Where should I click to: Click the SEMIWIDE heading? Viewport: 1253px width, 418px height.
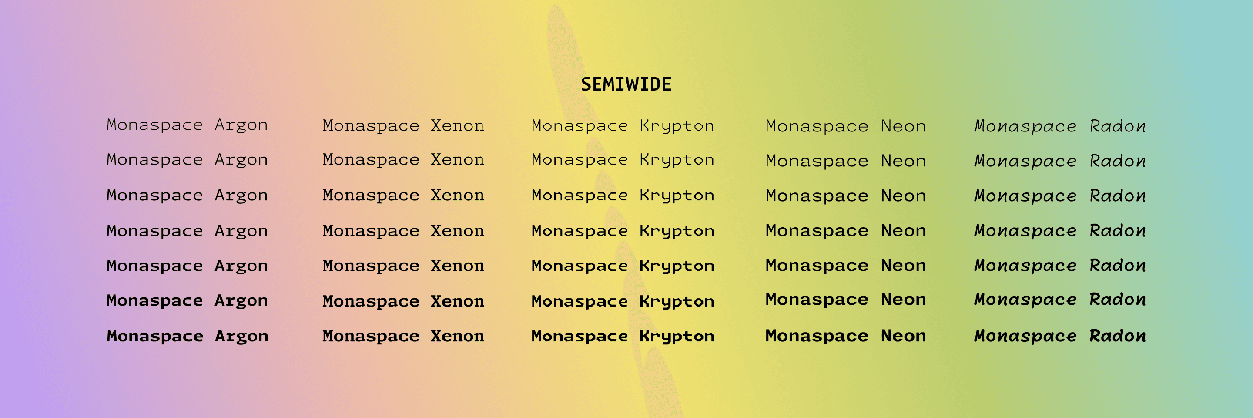(x=626, y=84)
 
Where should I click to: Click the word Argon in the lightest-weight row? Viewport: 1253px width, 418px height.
(x=241, y=125)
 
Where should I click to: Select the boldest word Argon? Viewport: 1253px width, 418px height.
(x=241, y=336)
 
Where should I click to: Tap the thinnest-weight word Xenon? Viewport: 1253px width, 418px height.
(x=457, y=125)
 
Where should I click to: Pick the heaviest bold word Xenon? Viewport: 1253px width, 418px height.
(x=457, y=336)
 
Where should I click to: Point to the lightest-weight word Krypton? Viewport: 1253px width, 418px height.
(x=677, y=126)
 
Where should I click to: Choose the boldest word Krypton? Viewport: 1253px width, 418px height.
(x=677, y=336)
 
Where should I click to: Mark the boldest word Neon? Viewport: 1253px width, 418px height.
(x=903, y=336)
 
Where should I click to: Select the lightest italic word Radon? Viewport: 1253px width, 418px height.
(x=1117, y=126)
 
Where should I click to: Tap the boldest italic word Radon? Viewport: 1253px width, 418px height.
(x=1117, y=336)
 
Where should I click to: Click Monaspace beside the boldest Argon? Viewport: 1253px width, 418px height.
(x=155, y=336)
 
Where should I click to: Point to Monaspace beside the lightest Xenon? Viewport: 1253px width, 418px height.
(x=371, y=126)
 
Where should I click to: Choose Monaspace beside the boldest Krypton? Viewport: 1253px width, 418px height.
(x=580, y=336)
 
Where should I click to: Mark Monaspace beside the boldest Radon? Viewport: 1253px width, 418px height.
(x=1025, y=336)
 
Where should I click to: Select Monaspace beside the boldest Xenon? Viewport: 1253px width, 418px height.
(x=371, y=336)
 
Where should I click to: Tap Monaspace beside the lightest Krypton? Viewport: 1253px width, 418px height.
(x=580, y=126)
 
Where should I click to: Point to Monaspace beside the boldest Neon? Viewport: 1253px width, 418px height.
(x=817, y=336)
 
